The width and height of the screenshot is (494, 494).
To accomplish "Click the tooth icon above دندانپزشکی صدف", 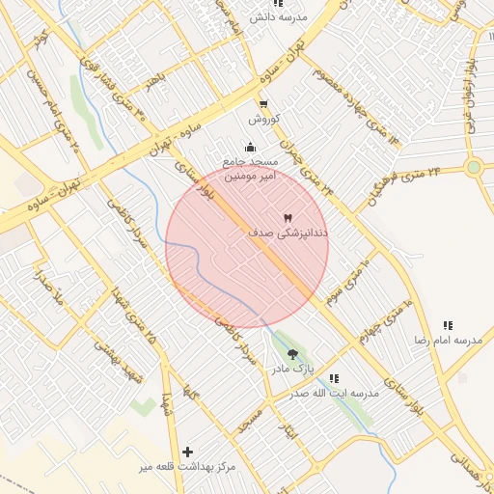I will [288, 218].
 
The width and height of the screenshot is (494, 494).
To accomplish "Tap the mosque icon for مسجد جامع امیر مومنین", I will [251, 147].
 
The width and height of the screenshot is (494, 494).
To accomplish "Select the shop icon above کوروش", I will [263, 105].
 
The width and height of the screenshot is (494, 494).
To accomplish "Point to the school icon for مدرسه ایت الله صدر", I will [334, 378].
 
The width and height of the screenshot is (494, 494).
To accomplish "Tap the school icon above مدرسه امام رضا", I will [447, 326].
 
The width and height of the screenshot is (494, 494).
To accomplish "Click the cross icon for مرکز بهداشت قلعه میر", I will [187, 452].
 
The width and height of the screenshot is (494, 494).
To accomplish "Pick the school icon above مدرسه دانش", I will [278, 5].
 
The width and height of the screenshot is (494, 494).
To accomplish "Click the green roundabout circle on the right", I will [473, 167].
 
